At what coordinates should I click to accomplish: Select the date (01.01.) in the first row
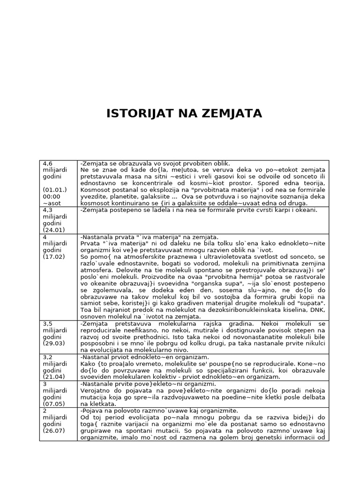[x=53, y=190]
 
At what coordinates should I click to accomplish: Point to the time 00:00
[x=51, y=196]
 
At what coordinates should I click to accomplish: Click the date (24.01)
[x=53, y=230]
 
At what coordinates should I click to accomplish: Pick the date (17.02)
[x=53, y=256]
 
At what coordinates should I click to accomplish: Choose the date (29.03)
[x=53, y=343]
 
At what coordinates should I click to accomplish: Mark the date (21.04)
[x=53, y=376]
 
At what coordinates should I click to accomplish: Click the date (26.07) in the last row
[x=53, y=430]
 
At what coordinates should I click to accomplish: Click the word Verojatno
[x=96, y=390]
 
